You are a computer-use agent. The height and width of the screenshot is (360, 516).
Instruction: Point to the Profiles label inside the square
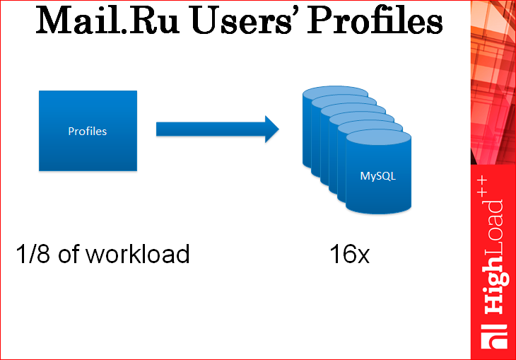tap(88, 131)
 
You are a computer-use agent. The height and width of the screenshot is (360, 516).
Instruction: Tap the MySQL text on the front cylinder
tap(377, 176)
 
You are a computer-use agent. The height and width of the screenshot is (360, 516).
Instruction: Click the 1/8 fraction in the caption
tap(34, 254)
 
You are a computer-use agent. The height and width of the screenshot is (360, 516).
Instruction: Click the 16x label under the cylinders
tap(349, 254)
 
